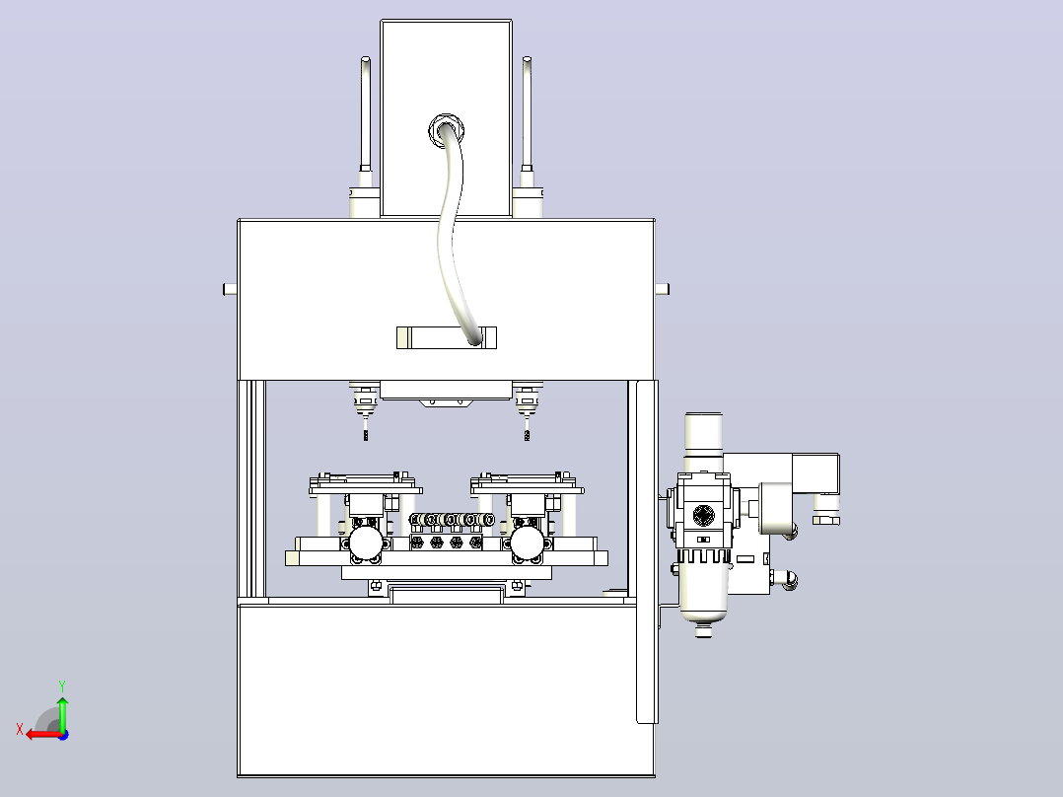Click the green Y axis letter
click(x=62, y=686)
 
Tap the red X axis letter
click(x=20, y=729)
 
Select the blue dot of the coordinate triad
click(x=63, y=735)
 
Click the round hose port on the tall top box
click(x=446, y=129)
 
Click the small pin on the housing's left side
click(x=230, y=289)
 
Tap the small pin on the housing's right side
click(x=663, y=289)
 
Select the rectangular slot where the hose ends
click(x=446, y=337)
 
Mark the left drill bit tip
click(x=366, y=439)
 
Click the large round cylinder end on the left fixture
click(x=366, y=543)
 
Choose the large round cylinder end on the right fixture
click(x=527, y=543)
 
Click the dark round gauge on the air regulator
click(x=704, y=515)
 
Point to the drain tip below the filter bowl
click(x=704, y=631)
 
